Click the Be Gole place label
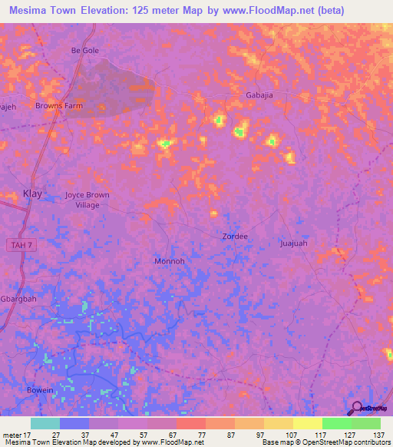click(85, 51)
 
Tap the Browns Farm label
click(58, 106)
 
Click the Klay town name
click(33, 194)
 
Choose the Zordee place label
click(235, 237)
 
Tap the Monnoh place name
click(170, 261)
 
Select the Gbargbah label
click(18, 298)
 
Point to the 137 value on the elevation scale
click(378, 434)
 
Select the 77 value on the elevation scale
click(203, 434)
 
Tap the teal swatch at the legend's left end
click(45, 423)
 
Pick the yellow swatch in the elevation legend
click(307, 423)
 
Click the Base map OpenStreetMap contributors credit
click(325, 442)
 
